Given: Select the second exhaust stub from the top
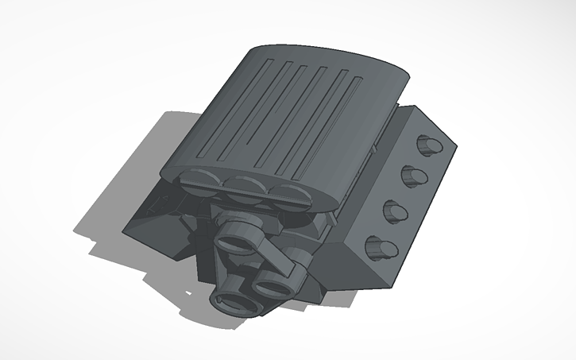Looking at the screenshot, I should click(414, 175).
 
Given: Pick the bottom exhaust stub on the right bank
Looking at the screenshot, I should click(381, 248).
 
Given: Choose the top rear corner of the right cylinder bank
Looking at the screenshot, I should click(411, 107).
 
